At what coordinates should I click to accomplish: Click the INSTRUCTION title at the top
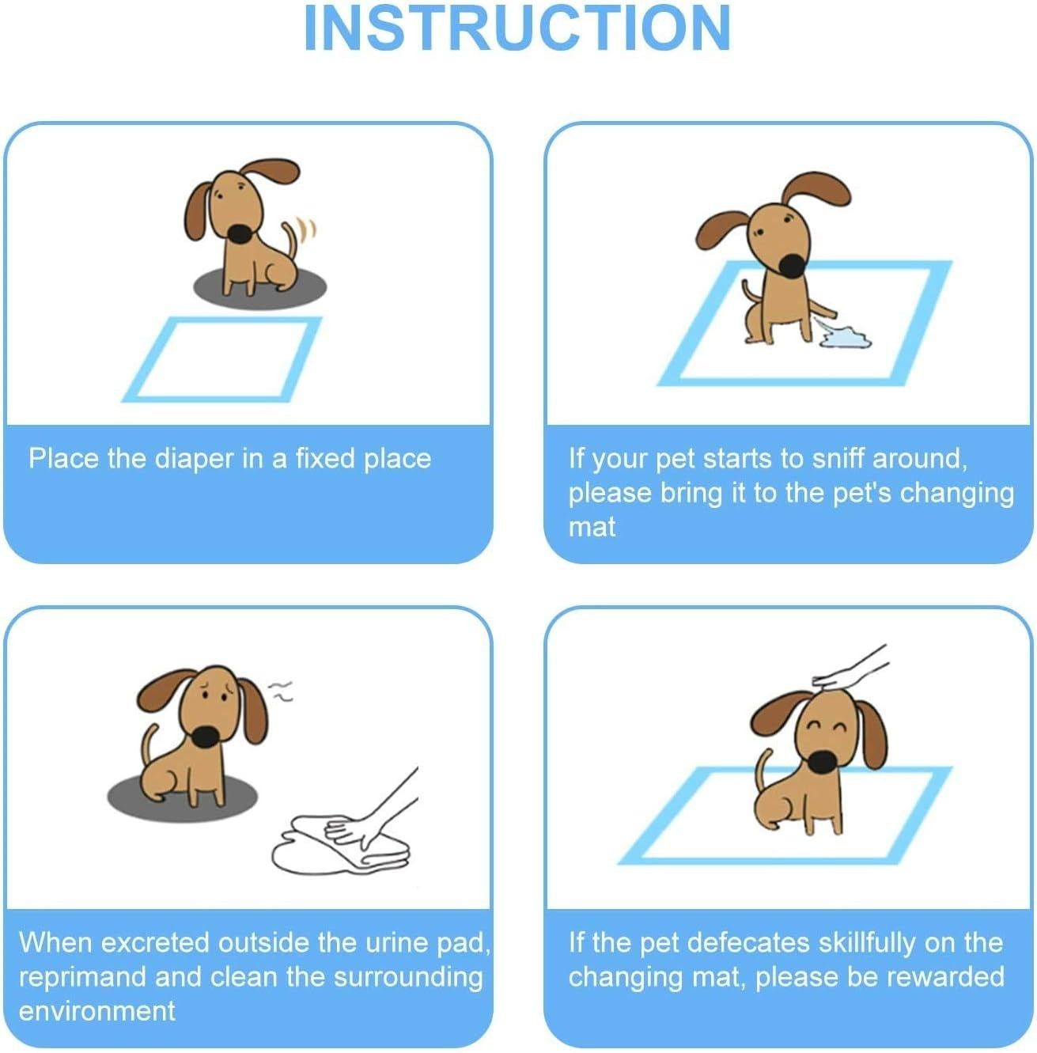click(x=517, y=28)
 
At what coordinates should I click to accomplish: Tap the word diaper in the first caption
click(x=195, y=459)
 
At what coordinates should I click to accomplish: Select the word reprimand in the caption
click(x=82, y=978)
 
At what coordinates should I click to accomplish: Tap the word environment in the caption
click(x=97, y=1012)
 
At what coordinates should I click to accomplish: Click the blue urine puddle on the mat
click(x=843, y=335)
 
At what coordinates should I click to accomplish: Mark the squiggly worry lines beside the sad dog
click(x=282, y=691)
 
